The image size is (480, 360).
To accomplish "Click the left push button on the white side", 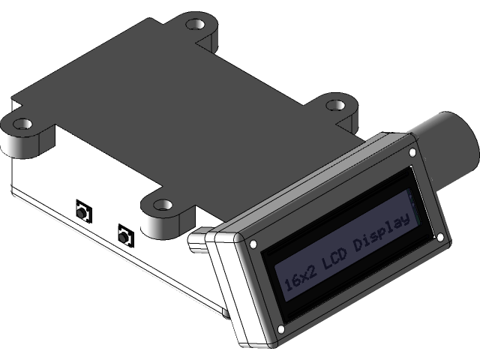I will [x=82, y=211].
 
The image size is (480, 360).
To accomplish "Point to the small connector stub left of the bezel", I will [x=199, y=241].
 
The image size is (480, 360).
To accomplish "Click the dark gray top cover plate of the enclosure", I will [x=172, y=112].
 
